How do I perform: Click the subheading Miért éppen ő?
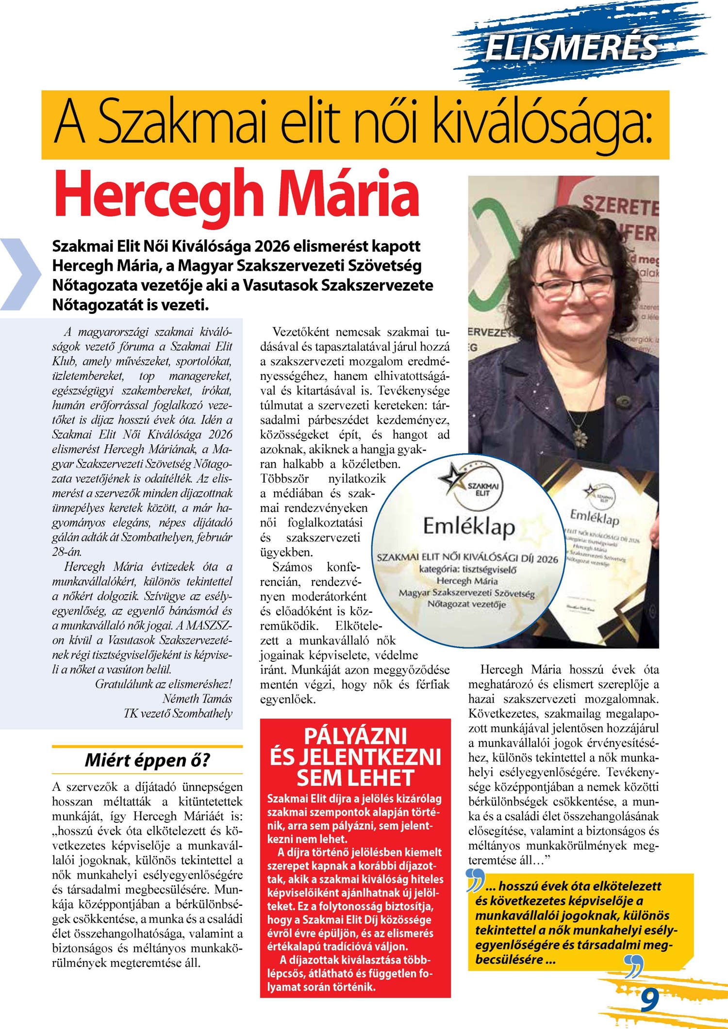tap(147, 760)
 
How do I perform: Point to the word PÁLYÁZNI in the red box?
tap(355, 736)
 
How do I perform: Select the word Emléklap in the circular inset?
tap(469, 526)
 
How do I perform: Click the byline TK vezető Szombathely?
tap(178, 713)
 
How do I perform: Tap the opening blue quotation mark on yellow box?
tap(476, 881)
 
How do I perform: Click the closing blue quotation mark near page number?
tap(634, 965)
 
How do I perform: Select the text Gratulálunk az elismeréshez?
tap(164, 684)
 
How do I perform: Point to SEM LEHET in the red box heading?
tap(355, 778)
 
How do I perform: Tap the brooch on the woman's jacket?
tap(622, 401)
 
